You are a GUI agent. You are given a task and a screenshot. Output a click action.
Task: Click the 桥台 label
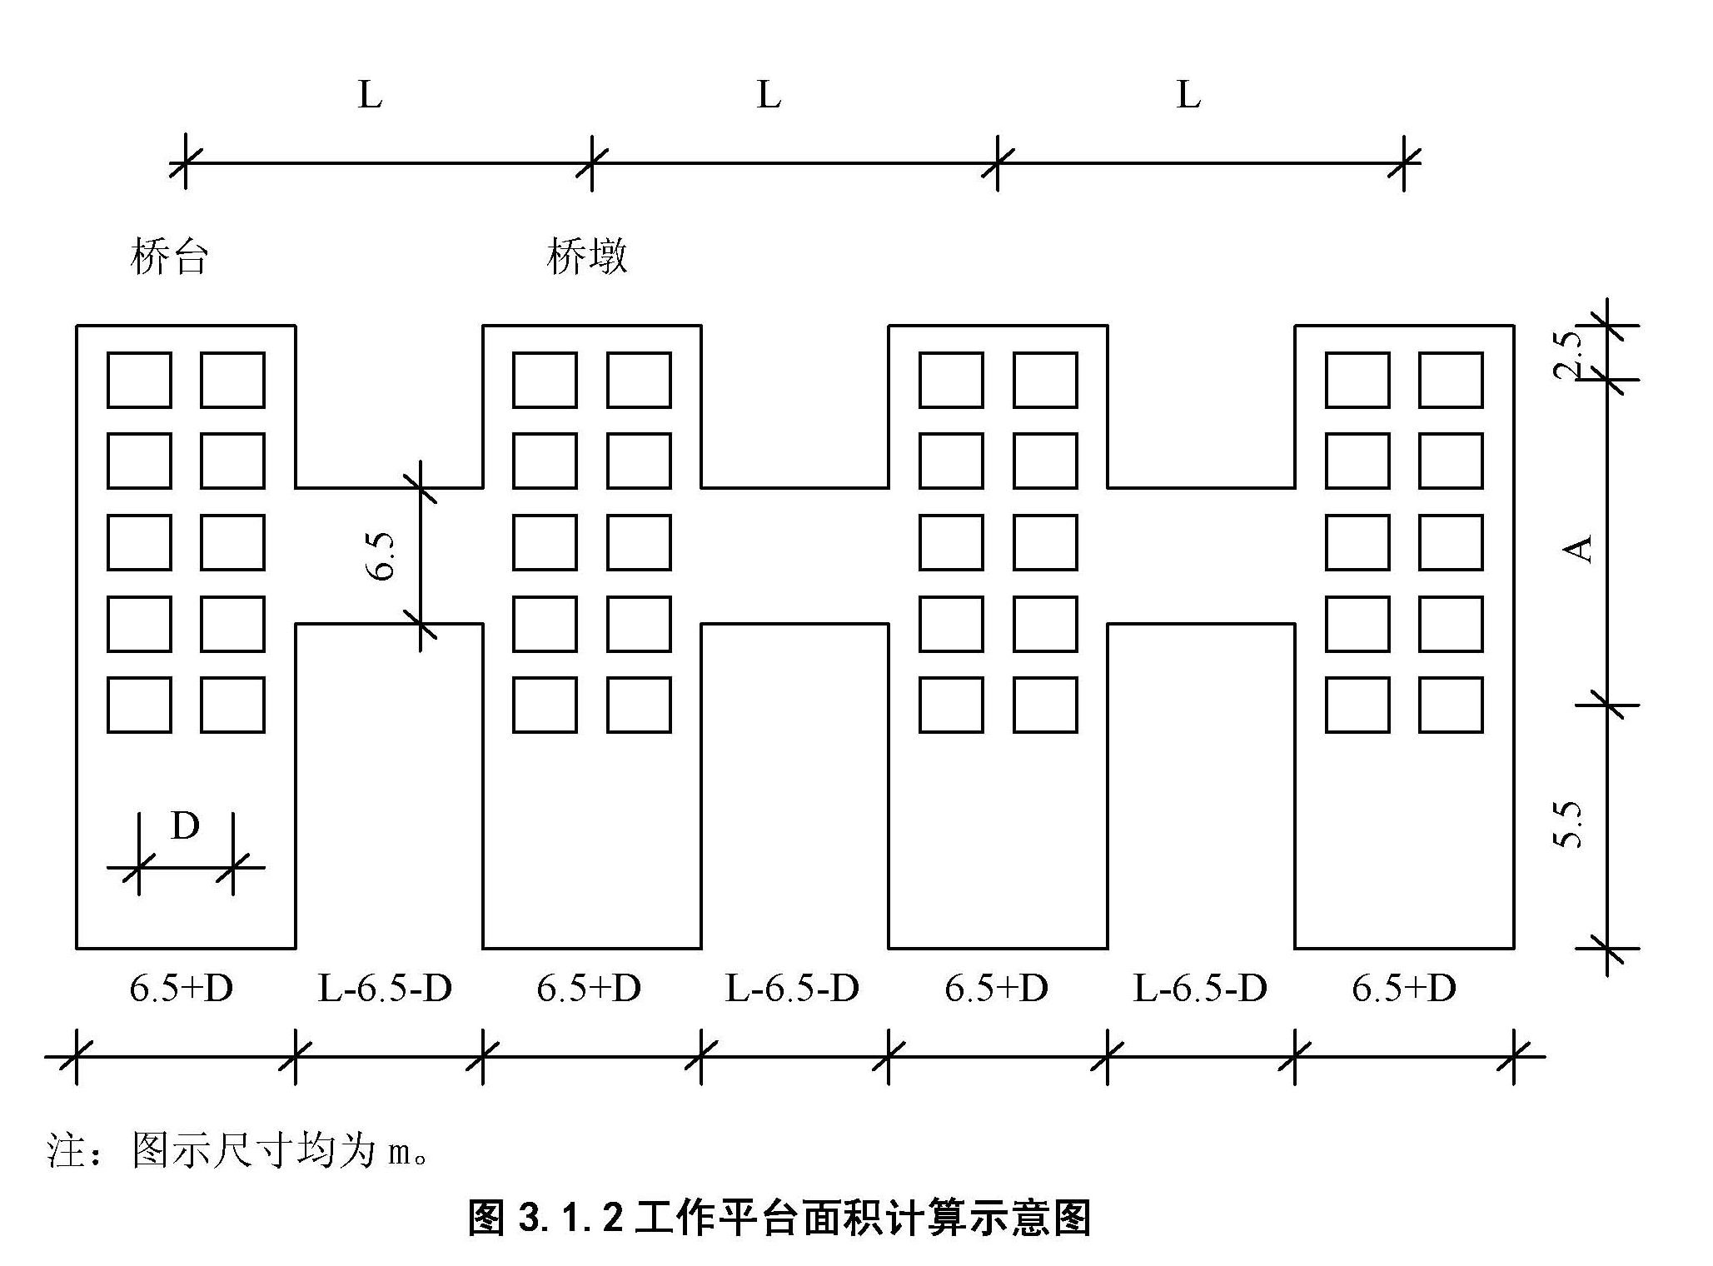(168, 256)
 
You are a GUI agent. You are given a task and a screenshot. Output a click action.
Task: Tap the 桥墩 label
(587, 256)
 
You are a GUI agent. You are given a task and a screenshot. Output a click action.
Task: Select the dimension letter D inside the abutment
(185, 826)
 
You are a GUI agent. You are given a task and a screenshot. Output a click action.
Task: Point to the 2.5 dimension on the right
(1569, 354)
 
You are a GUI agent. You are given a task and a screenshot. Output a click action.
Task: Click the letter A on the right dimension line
(1576, 548)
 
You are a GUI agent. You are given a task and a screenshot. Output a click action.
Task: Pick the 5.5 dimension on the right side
(1569, 825)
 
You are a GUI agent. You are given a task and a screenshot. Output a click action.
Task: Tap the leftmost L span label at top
(370, 95)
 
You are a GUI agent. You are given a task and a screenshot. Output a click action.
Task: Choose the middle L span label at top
(769, 95)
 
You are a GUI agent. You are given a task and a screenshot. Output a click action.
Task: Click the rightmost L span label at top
(1188, 95)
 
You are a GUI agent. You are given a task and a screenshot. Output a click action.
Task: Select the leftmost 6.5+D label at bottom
(182, 989)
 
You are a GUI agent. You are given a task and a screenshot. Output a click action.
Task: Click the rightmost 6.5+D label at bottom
(1404, 989)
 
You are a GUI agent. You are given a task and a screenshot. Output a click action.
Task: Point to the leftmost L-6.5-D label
(385, 989)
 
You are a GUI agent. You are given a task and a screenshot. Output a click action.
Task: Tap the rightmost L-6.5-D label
(1200, 989)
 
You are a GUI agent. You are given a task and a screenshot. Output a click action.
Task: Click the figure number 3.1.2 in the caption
(570, 1217)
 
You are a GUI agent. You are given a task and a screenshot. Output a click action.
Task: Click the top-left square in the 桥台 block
(139, 380)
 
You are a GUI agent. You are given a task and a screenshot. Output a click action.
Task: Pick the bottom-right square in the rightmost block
(1451, 705)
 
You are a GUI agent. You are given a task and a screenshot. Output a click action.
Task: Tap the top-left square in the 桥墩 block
(545, 380)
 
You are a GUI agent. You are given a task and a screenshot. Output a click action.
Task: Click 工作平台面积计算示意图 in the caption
(862, 1217)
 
